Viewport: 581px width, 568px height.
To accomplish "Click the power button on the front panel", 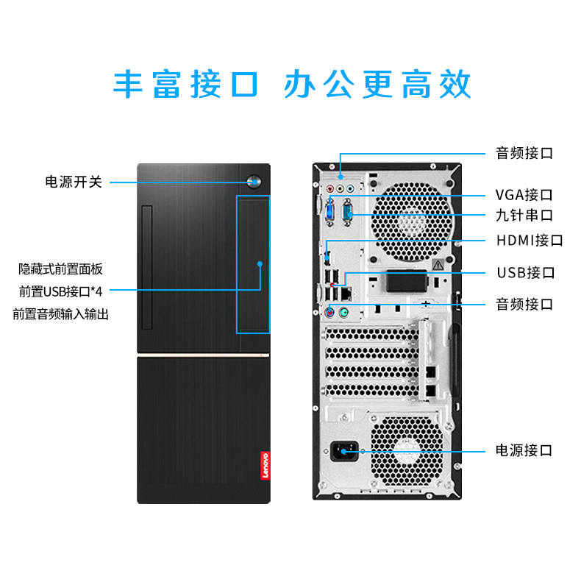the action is pyautogui.click(x=254, y=182).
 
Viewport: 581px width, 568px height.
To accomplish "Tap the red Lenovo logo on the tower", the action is pyautogui.click(x=265, y=465).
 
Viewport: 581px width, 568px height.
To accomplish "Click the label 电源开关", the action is pyautogui.click(x=74, y=182).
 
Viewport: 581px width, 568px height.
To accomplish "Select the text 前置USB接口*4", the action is pyautogui.click(x=61, y=292).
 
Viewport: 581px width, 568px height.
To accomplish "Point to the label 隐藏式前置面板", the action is pyautogui.click(x=61, y=269).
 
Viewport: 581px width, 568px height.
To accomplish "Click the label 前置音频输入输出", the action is pyautogui.click(x=61, y=314).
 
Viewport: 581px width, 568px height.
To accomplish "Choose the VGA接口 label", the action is pyautogui.click(x=524, y=195).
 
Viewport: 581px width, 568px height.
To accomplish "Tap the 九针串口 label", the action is pyautogui.click(x=524, y=215).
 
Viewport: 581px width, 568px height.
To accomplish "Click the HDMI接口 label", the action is pyautogui.click(x=530, y=241).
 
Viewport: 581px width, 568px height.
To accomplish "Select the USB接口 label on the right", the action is pyautogui.click(x=526, y=272).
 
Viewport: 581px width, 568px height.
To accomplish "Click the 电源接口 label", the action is pyautogui.click(x=524, y=450).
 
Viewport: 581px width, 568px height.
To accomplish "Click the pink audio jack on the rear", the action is pyautogui.click(x=329, y=189).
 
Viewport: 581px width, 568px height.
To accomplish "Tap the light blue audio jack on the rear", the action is pyautogui.click(x=350, y=189).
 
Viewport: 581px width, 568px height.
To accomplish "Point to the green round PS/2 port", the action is pyautogui.click(x=343, y=313).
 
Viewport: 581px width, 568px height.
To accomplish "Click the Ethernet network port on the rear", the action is pyautogui.click(x=346, y=294).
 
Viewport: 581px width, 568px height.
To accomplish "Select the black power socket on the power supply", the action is pyautogui.click(x=344, y=451).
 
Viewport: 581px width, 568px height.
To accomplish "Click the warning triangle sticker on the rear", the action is pyautogui.click(x=438, y=265).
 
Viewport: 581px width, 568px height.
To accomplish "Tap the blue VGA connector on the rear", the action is pyautogui.click(x=329, y=213).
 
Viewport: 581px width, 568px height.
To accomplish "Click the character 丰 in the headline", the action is pyautogui.click(x=128, y=84).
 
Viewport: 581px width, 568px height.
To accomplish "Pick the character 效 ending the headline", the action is pyautogui.click(x=455, y=84).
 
